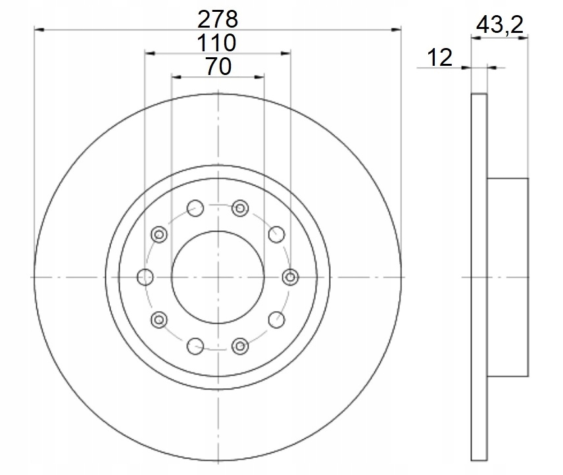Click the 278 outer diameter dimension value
[x=218, y=19]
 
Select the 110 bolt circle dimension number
[x=216, y=43]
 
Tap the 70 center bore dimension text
[x=218, y=66]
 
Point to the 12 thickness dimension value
[x=439, y=57]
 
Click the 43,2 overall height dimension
[x=500, y=25]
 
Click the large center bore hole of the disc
[x=218, y=277]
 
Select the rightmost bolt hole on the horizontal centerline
[x=290, y=277]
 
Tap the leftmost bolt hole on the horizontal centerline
[x=145, y=277]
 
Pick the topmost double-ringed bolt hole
[x=240, y=209]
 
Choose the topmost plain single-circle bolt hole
[x=195, y=209]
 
